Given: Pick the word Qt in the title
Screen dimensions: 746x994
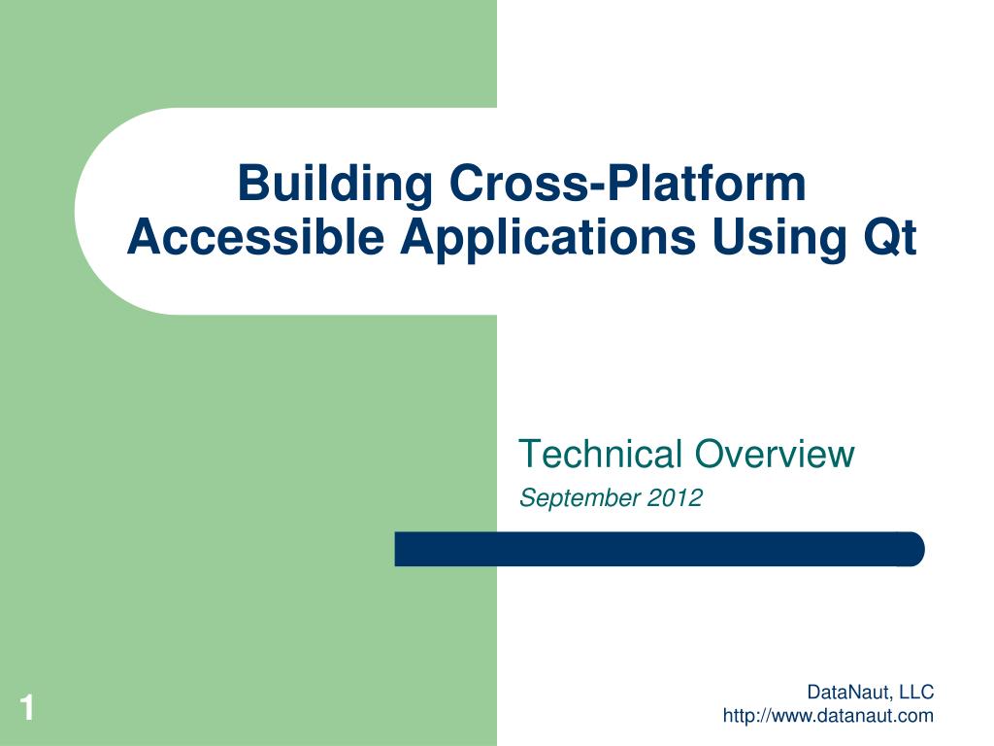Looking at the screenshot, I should click(883, 237).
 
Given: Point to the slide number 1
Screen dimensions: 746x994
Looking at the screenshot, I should click(27, 708).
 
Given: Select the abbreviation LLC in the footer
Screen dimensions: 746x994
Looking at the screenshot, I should click(915, 693).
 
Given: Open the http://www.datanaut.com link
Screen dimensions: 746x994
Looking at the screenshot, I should click(828, 717).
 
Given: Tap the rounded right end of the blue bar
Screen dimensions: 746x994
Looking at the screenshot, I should click(912, 549).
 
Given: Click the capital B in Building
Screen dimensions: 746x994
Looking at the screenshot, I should click(252, 185).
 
